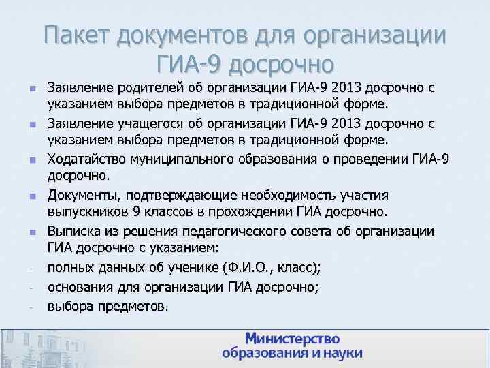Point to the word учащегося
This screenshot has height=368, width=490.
click(148, 124)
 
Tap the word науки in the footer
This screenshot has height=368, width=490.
click(338, 354)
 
